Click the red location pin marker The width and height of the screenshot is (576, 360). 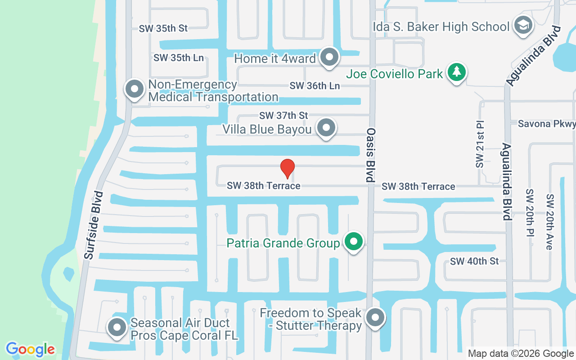pyautogui.click(x=288, y=168)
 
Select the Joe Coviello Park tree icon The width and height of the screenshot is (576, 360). pyautogui.click(x=457, y=72)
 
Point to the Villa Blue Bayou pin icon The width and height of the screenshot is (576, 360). pyautogui.click(x=326, y=128)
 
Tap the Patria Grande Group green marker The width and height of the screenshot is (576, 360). pyautogui.click(x=354, y=242)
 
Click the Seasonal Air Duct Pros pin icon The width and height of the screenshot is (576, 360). pyautogui.click(x=117, y=328)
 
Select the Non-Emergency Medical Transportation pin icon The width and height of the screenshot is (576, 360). pyautogui.click(x=134, y=90)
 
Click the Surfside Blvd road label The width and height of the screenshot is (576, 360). pyautogui.click(x=94, y=225)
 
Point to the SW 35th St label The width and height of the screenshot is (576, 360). pyautogui.click(x=163, y=28)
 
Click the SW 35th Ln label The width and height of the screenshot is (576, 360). pyautogui.click(x=178, y=58)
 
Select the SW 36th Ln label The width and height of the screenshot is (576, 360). pyautogui.click(x=315, y=85)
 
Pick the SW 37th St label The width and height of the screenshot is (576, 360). pyautogui.click(x=283, y=116)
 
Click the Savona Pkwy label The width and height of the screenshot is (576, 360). pyautogui.click(x=546, y=124)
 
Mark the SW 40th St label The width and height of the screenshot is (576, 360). pyautogui.click(x=474, y=261)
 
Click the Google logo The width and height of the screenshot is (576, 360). pyautogui.click(x=30, y=349)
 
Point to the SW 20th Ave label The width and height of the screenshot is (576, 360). pyautogui.click(x=549, y=222)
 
